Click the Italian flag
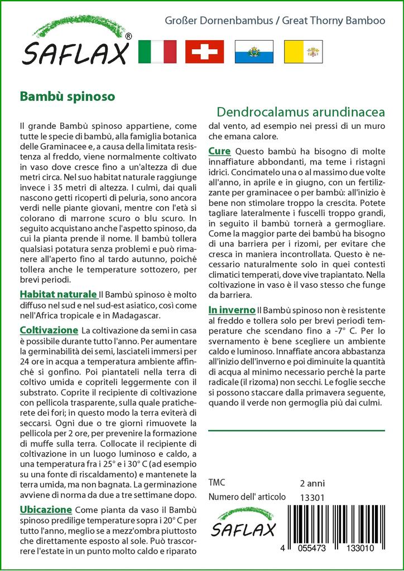pos(157,51)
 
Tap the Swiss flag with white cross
pos(204,51)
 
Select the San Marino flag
pos(253,51)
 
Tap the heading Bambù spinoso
pos(68,96)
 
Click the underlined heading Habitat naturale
pos(58,294)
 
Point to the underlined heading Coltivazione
pos(49,331)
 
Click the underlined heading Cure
pos(220,151)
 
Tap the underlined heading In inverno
pos(232,309)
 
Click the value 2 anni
pos(312,483)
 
